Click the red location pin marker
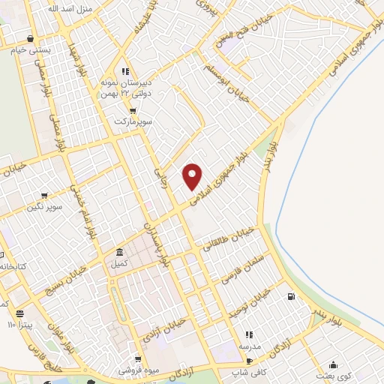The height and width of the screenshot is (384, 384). pyautogui.click(x=193, y=175)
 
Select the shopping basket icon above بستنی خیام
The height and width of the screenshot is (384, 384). pyautogui.click(x=29, y=38)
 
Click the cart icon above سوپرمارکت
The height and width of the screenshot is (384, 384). pyautogui.click(x=133, y=110)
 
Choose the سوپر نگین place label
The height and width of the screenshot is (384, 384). pyautogui.click(x=45, y=205)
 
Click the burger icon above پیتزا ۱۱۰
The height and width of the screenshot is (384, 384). pyautogui.click(x=20, y=313)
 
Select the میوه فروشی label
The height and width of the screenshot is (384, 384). pyautogui.click(x=137, y=370)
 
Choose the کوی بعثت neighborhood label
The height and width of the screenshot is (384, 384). pyautogui.click(x=345, y=375)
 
